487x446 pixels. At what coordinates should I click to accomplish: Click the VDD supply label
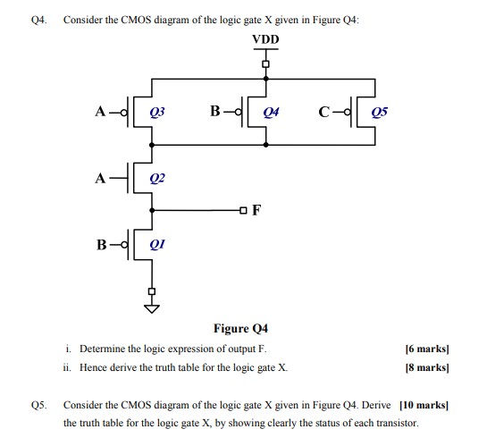click(x=265, y=40)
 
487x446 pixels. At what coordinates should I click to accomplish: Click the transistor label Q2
click(x=156, y=177)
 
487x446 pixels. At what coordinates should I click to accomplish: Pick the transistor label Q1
click(x=157, y=243)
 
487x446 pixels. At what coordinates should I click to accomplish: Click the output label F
click(x=257, y=211)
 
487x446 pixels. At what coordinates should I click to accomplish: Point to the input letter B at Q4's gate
click(x=214, y=112)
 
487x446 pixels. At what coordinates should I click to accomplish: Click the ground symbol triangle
click(x=151, y=309)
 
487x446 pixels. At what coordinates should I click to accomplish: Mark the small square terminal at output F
click(x=242, y=211)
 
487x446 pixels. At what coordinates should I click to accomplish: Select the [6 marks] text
click(x=426, y=349)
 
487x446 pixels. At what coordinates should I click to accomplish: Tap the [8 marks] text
click(x=426, y=367)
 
